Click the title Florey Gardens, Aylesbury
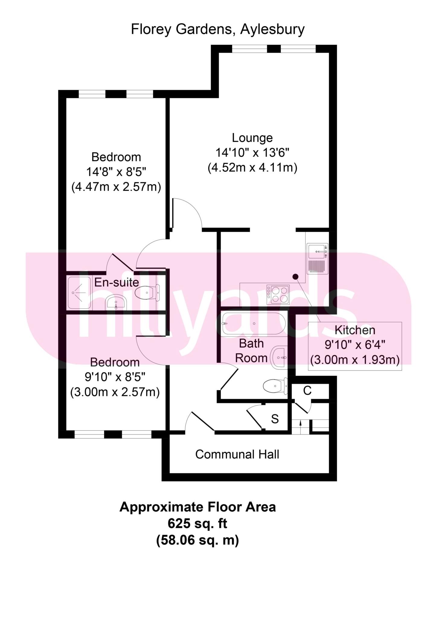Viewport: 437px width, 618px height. click(x=218, y=30)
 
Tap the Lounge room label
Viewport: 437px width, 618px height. click(x=252, y=138)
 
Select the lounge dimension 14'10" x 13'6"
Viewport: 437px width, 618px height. click(x=252, y=153)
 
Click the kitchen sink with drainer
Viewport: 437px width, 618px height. click(x=317, y=258)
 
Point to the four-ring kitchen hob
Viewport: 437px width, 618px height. click(x=278, y=294)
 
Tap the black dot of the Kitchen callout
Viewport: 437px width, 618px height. click(x=295, y=276)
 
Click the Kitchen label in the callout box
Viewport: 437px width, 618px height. click(x=355, y=330)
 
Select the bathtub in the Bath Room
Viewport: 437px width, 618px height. click(x=253, y=324)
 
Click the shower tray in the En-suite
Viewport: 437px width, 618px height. click(x=79, y=292)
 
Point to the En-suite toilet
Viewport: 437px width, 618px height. click(x=147, y=292)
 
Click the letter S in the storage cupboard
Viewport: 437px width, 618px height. click(x=275, y=419)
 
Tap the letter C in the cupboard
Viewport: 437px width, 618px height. click(x=307, y=390)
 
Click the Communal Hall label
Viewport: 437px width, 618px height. click(x=237, y=454)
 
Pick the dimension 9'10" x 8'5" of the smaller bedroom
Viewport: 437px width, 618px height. click(x=115, y=377)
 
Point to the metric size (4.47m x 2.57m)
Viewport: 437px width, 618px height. click(x=116, y=187)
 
